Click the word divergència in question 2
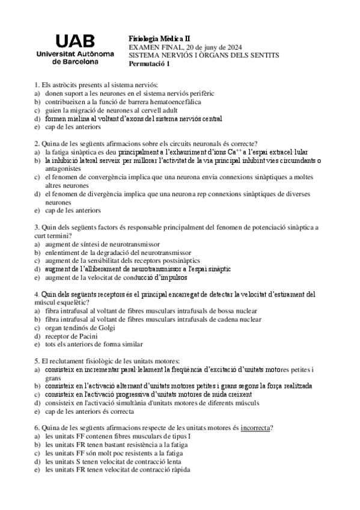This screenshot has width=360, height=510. tap(106, 194)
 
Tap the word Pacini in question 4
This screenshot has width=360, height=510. tap(85, 336)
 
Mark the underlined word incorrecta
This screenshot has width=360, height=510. tap(256, 428)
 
